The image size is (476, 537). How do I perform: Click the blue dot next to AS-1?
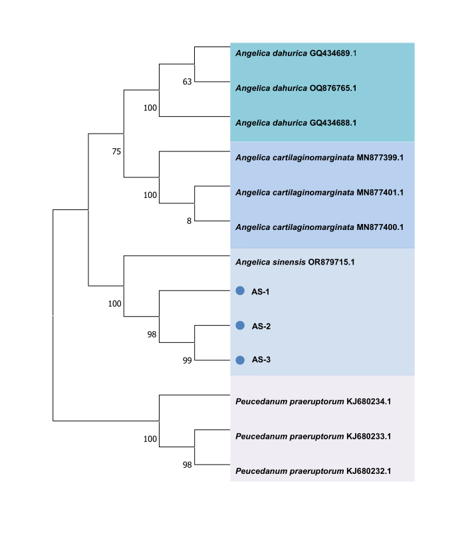click(240, 290)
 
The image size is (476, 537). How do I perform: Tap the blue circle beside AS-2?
click(240, 326)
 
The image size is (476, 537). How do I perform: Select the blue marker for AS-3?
click(240, 360)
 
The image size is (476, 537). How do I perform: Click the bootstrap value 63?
click(187, 82)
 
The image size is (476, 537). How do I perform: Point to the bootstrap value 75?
click(116, 152)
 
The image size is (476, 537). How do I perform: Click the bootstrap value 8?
click(189, 221)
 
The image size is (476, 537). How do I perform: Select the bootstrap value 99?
click(187, 361)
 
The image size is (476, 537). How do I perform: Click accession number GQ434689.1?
click(333, 53)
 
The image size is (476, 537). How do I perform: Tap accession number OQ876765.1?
click(333, 88)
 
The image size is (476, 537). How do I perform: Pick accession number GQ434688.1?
click(333, 123)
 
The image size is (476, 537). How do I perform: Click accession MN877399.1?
click(380, 158)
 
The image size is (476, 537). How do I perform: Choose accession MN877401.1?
click(380, 193)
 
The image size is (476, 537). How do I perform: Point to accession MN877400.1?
click(380, 227)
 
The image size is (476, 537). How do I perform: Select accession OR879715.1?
click(331, 263)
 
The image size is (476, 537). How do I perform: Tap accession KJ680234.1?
click(369, 401)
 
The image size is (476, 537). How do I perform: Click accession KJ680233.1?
click(369, 437)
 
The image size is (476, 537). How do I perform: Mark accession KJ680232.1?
click(369, 471)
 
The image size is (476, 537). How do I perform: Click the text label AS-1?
click(261, 292)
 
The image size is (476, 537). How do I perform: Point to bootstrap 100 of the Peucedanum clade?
click(150, 439)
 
